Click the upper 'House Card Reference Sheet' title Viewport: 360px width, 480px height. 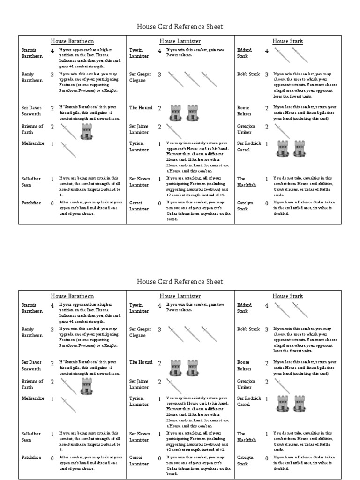(x=180, y=27)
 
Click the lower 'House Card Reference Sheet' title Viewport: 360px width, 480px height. (x=180, y=282)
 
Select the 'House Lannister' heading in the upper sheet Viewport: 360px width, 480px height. (x=180, y=41)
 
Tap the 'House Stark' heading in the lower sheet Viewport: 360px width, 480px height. (x=288, y=296)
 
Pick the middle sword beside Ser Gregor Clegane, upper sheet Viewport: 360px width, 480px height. (x=192, y=79)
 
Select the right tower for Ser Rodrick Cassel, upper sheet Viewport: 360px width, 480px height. (x=300, y=148)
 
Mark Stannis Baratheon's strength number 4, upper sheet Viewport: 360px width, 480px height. (x=52, y=51)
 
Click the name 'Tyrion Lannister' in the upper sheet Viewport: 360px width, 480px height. (x=140, y=146)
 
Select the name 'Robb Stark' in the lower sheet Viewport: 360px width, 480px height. (x=248, y=329)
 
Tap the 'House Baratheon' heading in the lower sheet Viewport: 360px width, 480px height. (x=72, y=296)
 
